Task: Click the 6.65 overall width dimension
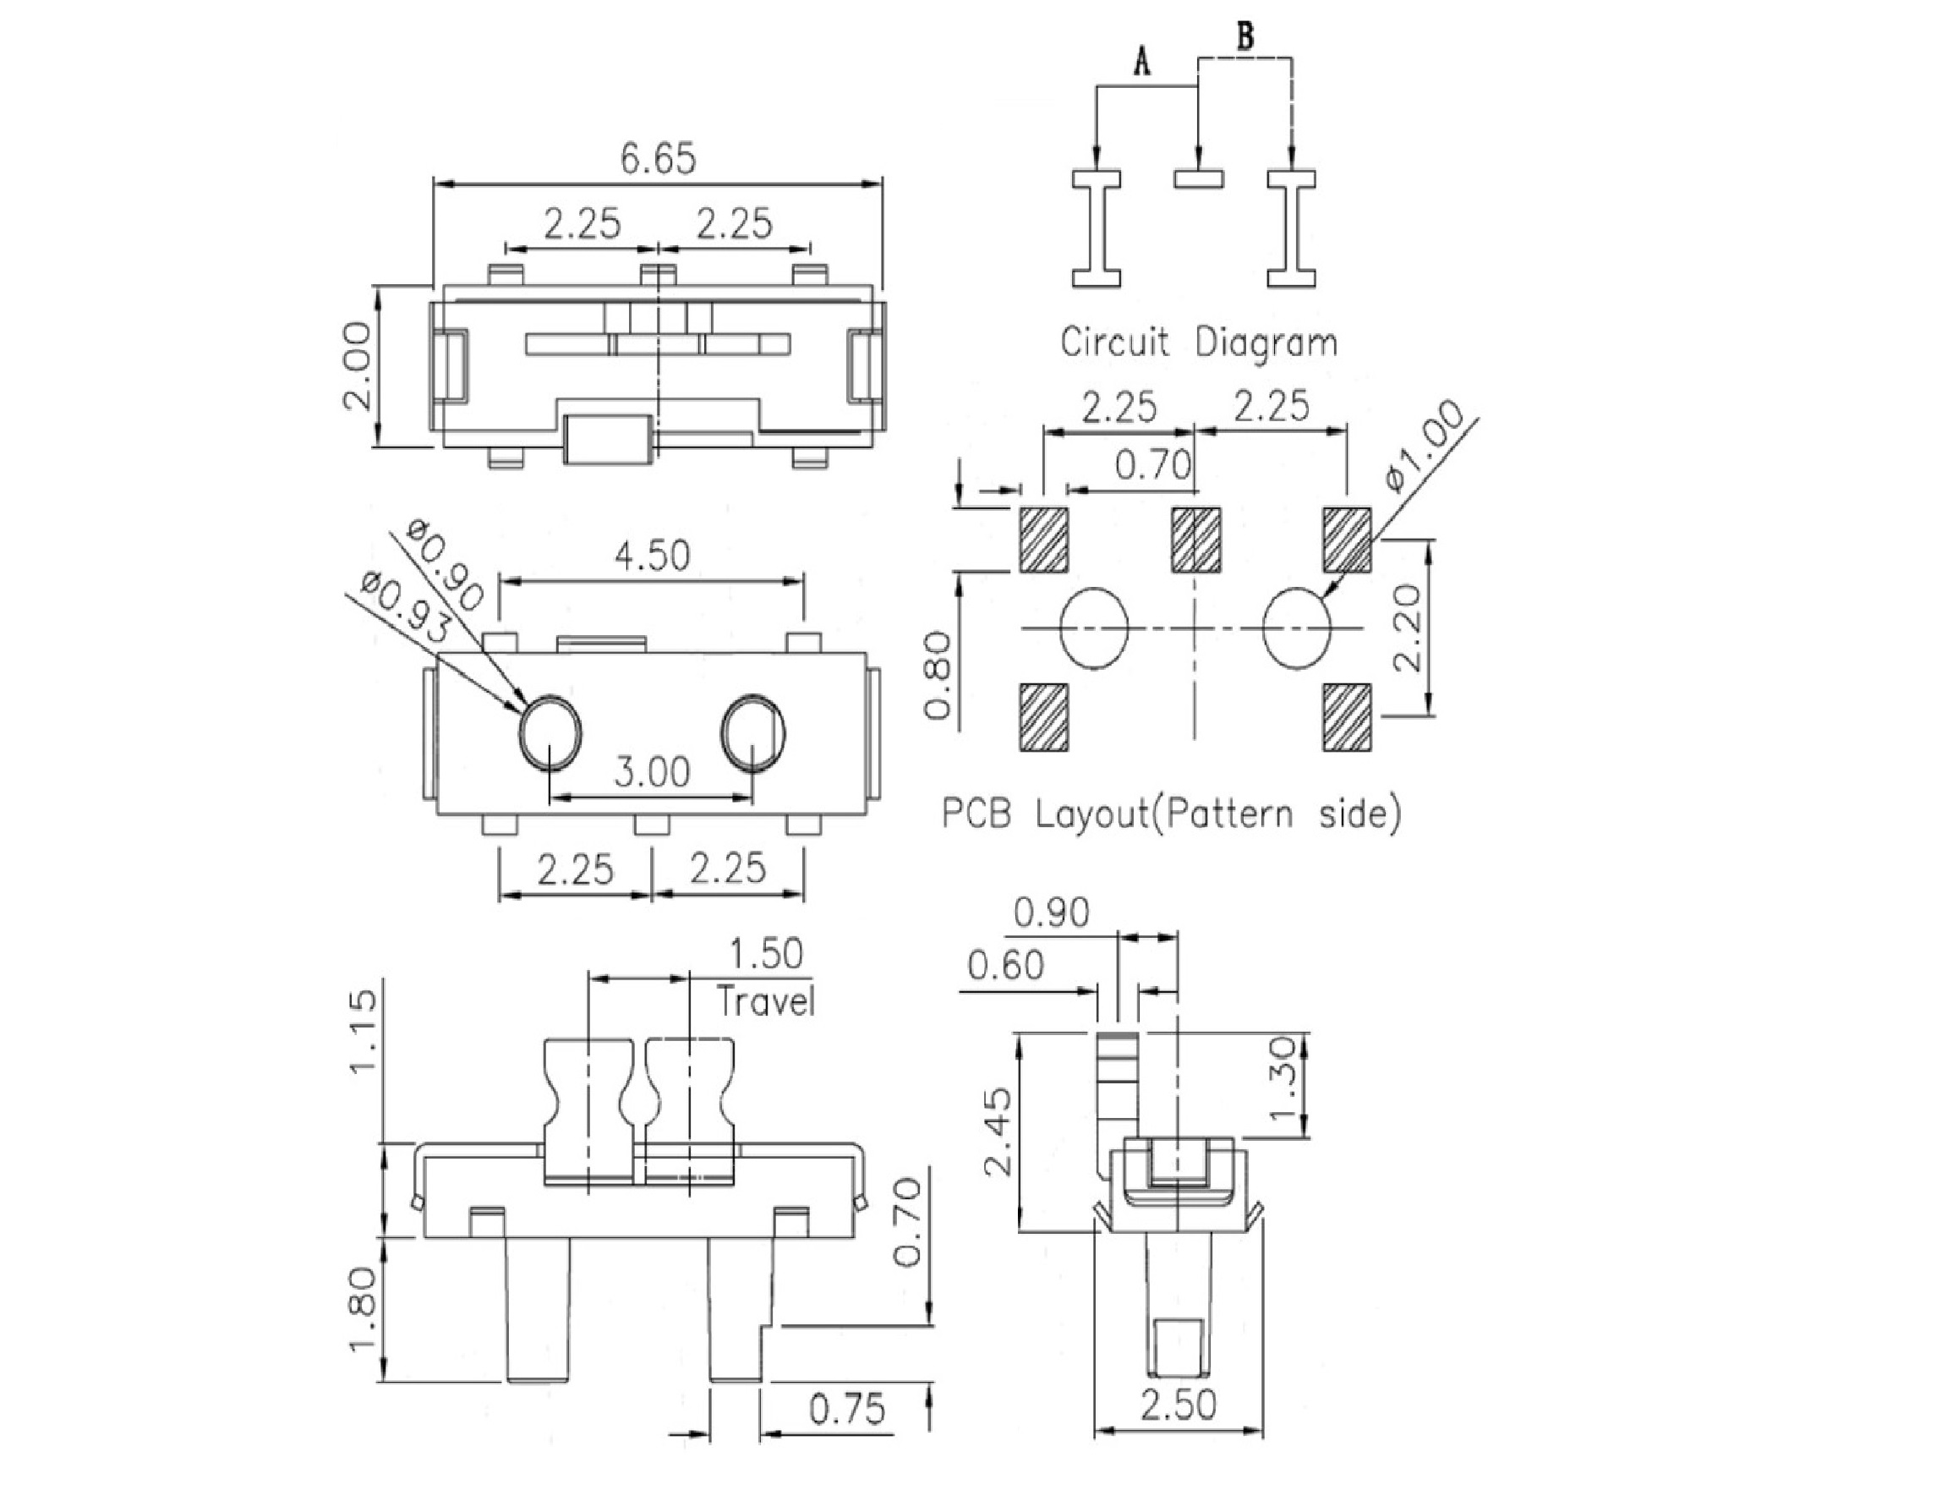pyautogui.click(x=658, y=160)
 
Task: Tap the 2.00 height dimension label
pyautogui.click(x=358, y=365)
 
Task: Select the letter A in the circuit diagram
pyautogui.click(x=1144, y=61)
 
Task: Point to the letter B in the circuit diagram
pyautogui.click(x=1245, y=36)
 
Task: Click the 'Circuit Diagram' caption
pyautogui.click(x=1200, y=342)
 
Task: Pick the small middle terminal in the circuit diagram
pyautogui.click(x=1200, y=179)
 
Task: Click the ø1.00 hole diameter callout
pyautogui.click(x=1425, y=445)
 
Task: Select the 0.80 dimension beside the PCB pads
pyautogui.click(x=938, y=675)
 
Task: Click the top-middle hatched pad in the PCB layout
pyautogui.click(x=1195, y=539)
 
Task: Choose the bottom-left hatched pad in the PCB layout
pyautogui.click(x=1044, y=717)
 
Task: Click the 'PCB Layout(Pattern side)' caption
pyautogui.click(x=1172, y=814)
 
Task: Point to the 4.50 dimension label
pyautogui.click(x=652, y=556)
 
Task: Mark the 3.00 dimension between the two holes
pyautogui.click(x=652, y=772)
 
